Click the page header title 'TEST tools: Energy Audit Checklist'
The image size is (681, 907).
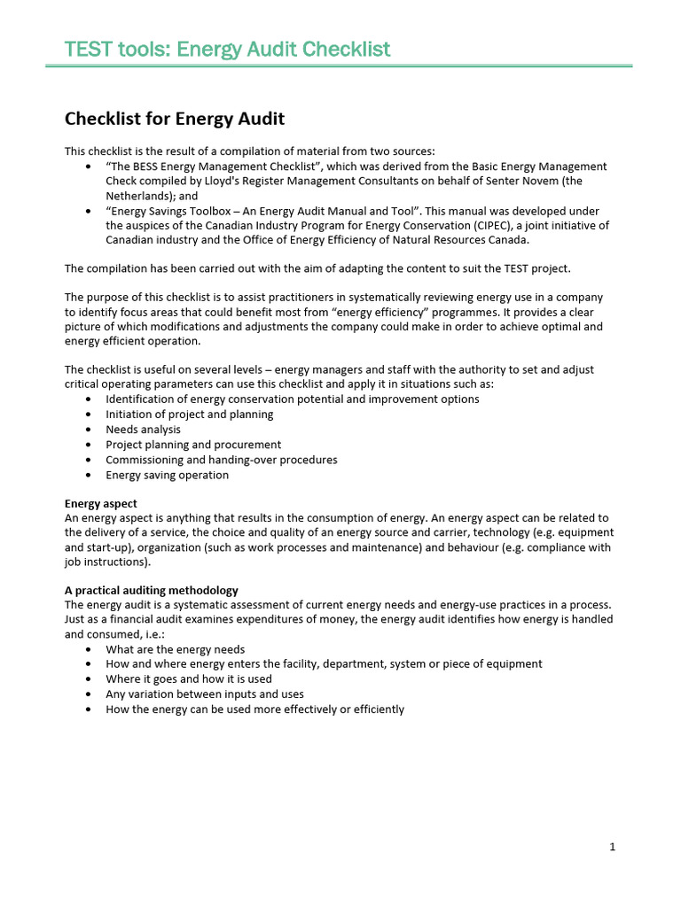pos(227,49)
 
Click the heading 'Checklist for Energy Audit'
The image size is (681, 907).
pos(175,119)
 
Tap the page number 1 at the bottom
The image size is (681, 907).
pos(613,847)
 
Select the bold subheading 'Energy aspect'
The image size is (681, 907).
pos(101,503)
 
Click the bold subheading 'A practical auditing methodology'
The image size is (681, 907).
pos(152,590)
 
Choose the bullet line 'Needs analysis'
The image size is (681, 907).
pos(143,430)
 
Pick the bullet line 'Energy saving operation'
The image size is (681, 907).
pos(167,475)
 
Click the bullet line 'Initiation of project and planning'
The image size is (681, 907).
pos(189,415)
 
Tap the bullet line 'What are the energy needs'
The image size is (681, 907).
pos(175,649)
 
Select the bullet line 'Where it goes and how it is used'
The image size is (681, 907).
pos(189,679)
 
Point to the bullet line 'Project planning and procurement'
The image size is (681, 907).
pos(193,445)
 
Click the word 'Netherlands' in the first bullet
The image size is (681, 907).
pos(138,196)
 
